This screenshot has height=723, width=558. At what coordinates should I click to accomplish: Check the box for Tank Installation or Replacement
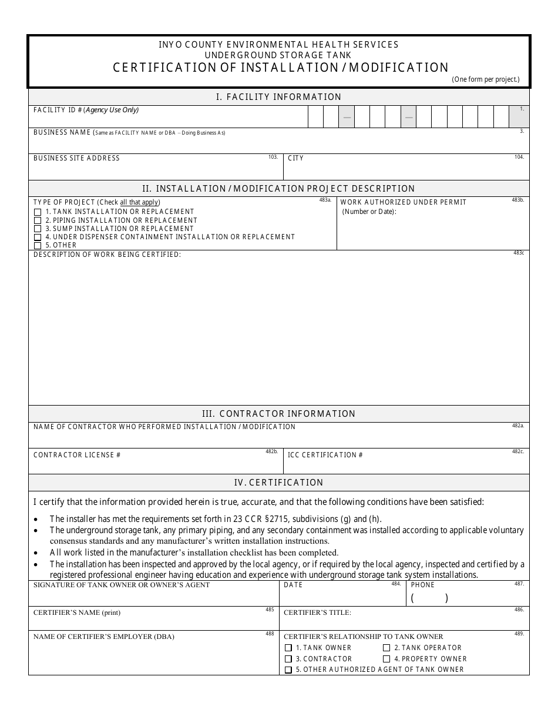38,212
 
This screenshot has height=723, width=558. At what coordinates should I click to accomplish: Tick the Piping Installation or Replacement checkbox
38,220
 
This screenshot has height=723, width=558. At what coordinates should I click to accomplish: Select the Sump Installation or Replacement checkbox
38,229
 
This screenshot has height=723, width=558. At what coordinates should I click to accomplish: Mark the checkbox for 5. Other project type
38,246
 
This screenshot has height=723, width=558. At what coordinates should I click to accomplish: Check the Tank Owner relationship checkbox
288,648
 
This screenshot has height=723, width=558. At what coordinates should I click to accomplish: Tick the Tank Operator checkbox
386,648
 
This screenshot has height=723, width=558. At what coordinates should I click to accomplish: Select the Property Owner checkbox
386,659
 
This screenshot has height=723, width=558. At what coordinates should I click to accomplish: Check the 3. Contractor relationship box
288,659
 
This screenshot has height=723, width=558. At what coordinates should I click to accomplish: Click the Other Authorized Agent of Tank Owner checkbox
288,670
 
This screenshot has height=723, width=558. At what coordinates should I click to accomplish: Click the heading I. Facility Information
279,97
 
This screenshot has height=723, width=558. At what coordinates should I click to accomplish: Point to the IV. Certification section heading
279,483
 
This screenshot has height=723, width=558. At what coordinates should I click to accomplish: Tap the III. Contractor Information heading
279,414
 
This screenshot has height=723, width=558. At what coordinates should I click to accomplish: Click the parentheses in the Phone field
429,598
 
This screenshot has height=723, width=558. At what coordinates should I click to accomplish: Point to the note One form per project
485,79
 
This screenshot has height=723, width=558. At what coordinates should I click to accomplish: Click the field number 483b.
517,200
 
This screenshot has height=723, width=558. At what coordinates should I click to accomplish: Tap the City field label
296,158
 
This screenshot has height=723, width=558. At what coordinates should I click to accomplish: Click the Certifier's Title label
317,612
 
